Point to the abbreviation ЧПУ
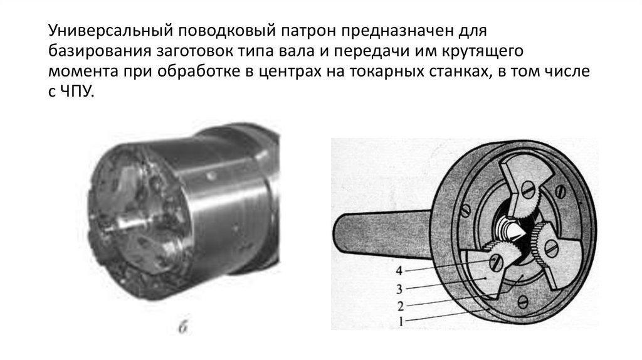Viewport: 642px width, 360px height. pyautogui.click(x=78, y=92)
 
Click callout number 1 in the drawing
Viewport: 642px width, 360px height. pyautogui.click(x=401, y=321)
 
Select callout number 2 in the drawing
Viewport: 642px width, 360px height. pyautogui.click(x=401, y=306)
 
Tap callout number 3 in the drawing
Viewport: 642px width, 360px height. pyautogui.click(x=399, y=290)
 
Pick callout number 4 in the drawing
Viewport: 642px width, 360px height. pyautogui.click(x=399, y=271)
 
